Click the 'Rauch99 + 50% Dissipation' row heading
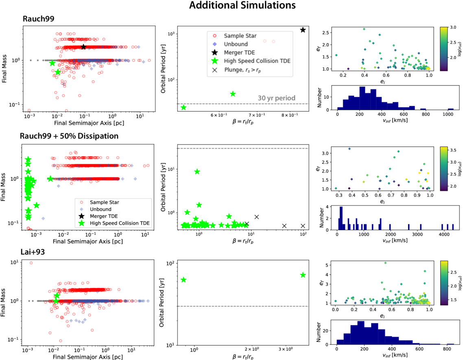[69, 136]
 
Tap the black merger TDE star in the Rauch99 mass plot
[83, 47]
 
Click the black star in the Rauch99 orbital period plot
[303, 30]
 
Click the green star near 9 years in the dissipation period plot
[197, 172]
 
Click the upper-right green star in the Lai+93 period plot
[303, 275]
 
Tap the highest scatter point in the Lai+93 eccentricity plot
[385, 263]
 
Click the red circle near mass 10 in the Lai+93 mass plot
[31, 263]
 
